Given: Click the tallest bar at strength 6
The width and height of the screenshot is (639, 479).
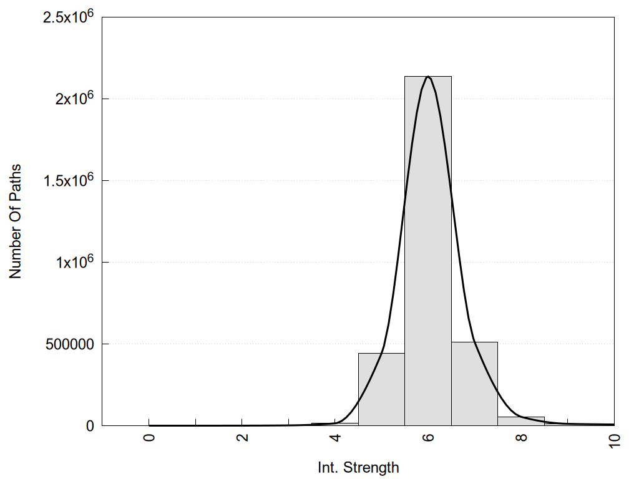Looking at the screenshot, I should pyautogui.click(x=428, y=249).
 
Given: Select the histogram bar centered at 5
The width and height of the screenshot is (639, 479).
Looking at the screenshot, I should pyautogui.click(x=381, y=389).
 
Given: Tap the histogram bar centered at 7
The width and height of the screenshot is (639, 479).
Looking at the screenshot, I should pyautogui.click(x=474, y=384).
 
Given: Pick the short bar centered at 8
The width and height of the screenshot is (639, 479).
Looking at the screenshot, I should pyautogui.click(x=521, y=421).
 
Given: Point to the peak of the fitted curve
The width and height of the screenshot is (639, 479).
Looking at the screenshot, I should pyautogui.click(x=428, y=76).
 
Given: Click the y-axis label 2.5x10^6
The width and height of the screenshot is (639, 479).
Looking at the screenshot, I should pyautogui.click(x=68, y=16).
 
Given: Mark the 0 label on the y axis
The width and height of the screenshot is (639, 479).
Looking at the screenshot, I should pyautogui.click(x=90, y=426).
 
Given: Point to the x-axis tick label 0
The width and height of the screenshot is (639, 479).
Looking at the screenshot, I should pyautogui.click(x=149, y=437).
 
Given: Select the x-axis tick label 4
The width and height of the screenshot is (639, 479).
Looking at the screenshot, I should pyautogui.click(x=335, y=437).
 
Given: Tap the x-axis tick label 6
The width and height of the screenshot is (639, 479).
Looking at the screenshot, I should pyautogui.click(x=428, y=437).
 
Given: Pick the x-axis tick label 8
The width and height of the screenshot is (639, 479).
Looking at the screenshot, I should pyautogui.click(x=521, y=437).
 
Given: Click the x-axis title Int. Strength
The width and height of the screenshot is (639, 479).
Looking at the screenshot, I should pyautogui.click(x=358, y=467).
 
